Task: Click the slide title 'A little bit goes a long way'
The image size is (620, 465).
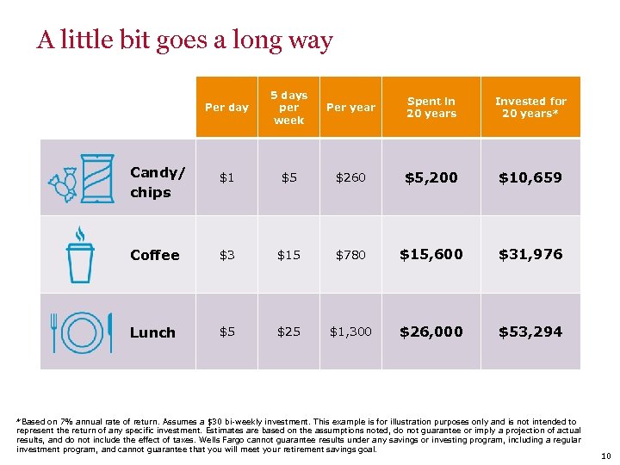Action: coord(184,40)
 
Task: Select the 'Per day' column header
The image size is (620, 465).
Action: coord(226,108)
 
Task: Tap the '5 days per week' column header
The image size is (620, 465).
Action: coord(288,108)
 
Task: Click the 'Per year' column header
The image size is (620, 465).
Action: coord(350,108)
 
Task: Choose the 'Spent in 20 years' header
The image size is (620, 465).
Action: coord(431,108)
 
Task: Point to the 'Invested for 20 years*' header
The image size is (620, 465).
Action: coord(530,108)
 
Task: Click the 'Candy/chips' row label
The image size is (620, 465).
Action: coord(157,182)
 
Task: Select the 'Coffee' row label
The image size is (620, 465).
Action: coord(155,255)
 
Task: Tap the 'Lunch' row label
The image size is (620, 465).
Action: coord(152,332)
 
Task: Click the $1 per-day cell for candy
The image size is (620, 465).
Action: coord(226,177)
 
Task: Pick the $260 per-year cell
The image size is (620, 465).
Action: coord(350,177)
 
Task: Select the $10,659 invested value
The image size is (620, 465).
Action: coord(530,177)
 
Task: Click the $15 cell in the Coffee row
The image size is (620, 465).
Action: coord(288,255)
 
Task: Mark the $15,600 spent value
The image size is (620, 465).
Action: coord(431,254)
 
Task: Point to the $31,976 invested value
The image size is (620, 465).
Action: coord(530,254)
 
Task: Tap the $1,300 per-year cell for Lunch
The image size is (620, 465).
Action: coord(350,332)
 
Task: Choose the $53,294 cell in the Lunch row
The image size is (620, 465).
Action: coord(530,332)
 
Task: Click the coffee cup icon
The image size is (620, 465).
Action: coord(80,256)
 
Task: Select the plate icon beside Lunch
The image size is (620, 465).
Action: coord(83,332)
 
